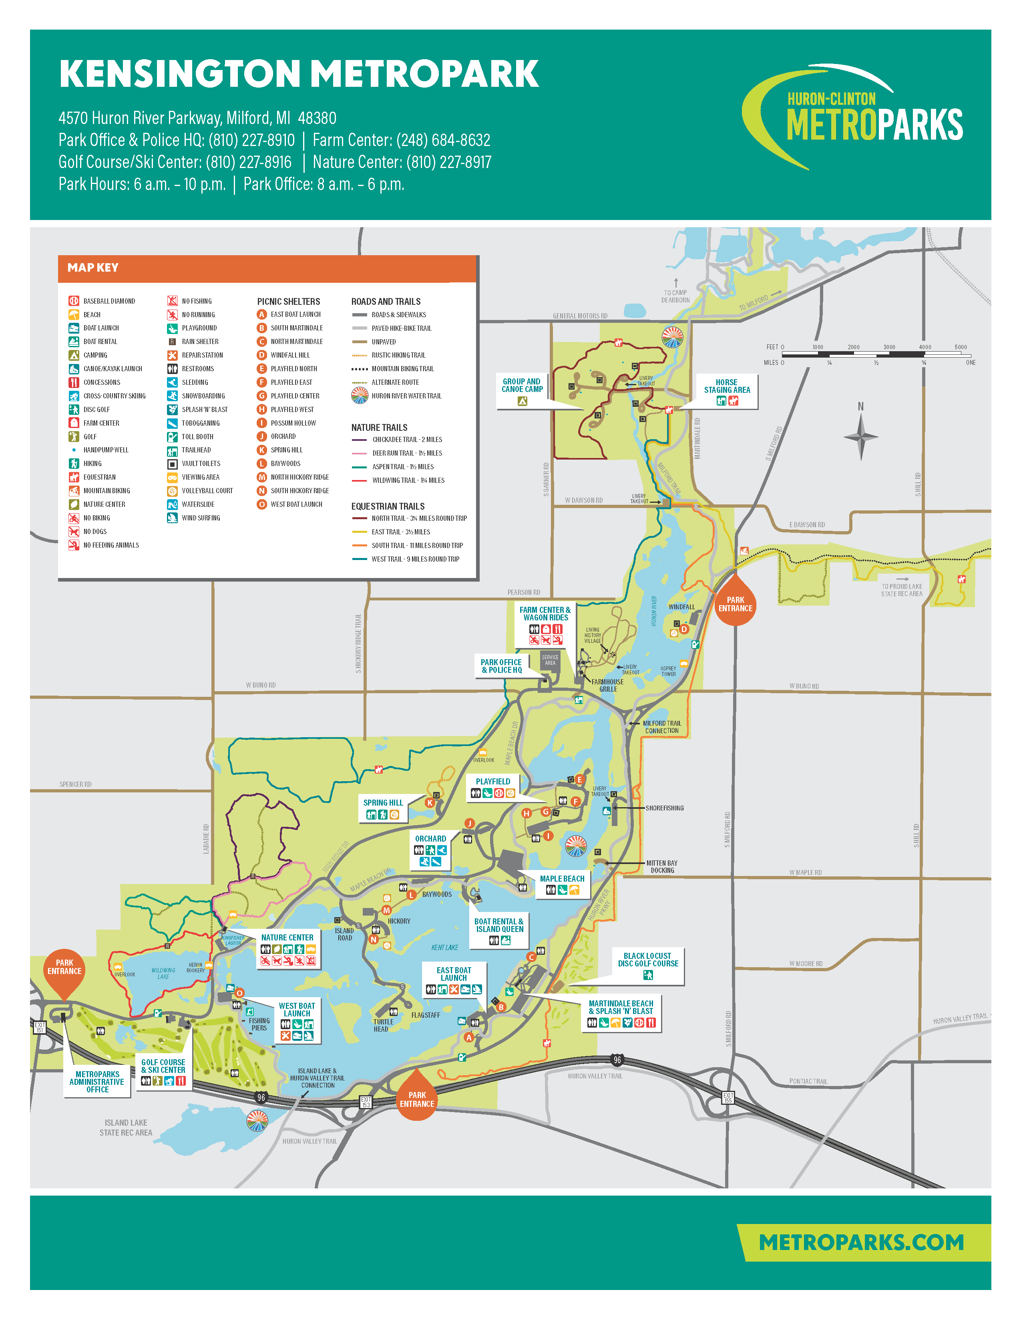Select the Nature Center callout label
287,938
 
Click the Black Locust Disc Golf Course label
648,960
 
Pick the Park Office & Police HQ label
501,666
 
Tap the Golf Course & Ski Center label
163,1066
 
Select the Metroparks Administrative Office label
97,1082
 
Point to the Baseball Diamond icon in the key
74,300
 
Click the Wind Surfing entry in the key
201,518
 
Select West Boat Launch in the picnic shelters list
296,504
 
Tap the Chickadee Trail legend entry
406,439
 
